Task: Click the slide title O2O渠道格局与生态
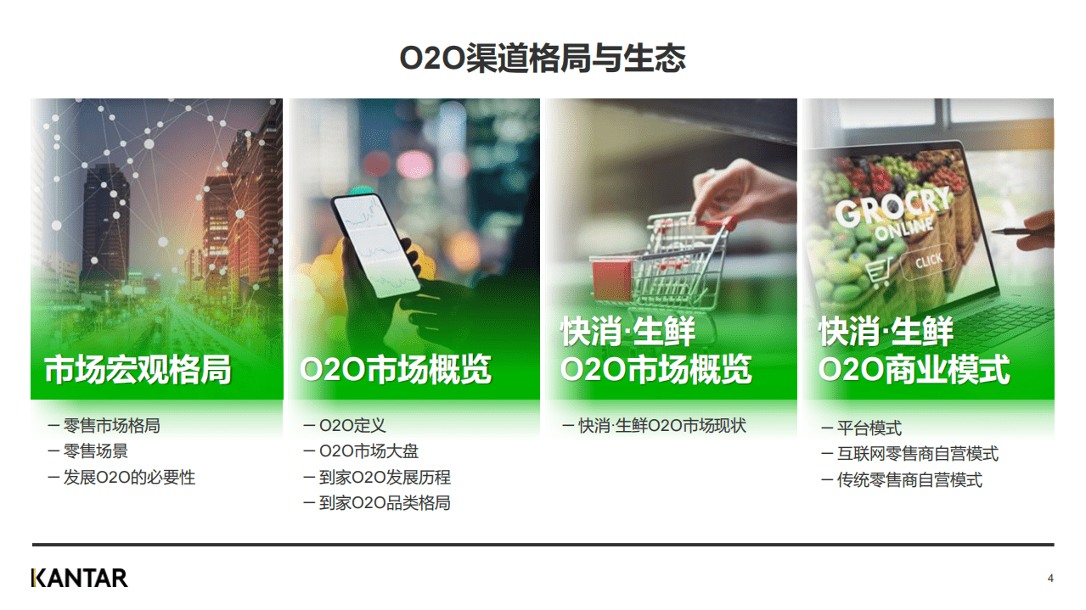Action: point(543,59)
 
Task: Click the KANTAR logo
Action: point(80,578)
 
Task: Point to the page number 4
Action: point(1050,579)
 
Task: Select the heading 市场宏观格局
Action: point(138,371)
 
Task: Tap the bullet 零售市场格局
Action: point(111,426)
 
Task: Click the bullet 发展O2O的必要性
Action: point(128,478)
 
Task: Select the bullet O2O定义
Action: point(352,426)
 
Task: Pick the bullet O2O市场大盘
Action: point(369,451)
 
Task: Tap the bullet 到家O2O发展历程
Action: point(385,478)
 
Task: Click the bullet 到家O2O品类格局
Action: point(385,503)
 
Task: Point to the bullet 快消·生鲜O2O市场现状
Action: point(662,426)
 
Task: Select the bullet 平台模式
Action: point(869,428)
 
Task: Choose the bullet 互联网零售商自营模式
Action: point(918,454)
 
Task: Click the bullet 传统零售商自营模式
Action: point(909,480)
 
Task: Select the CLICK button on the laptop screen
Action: point(927,261)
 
